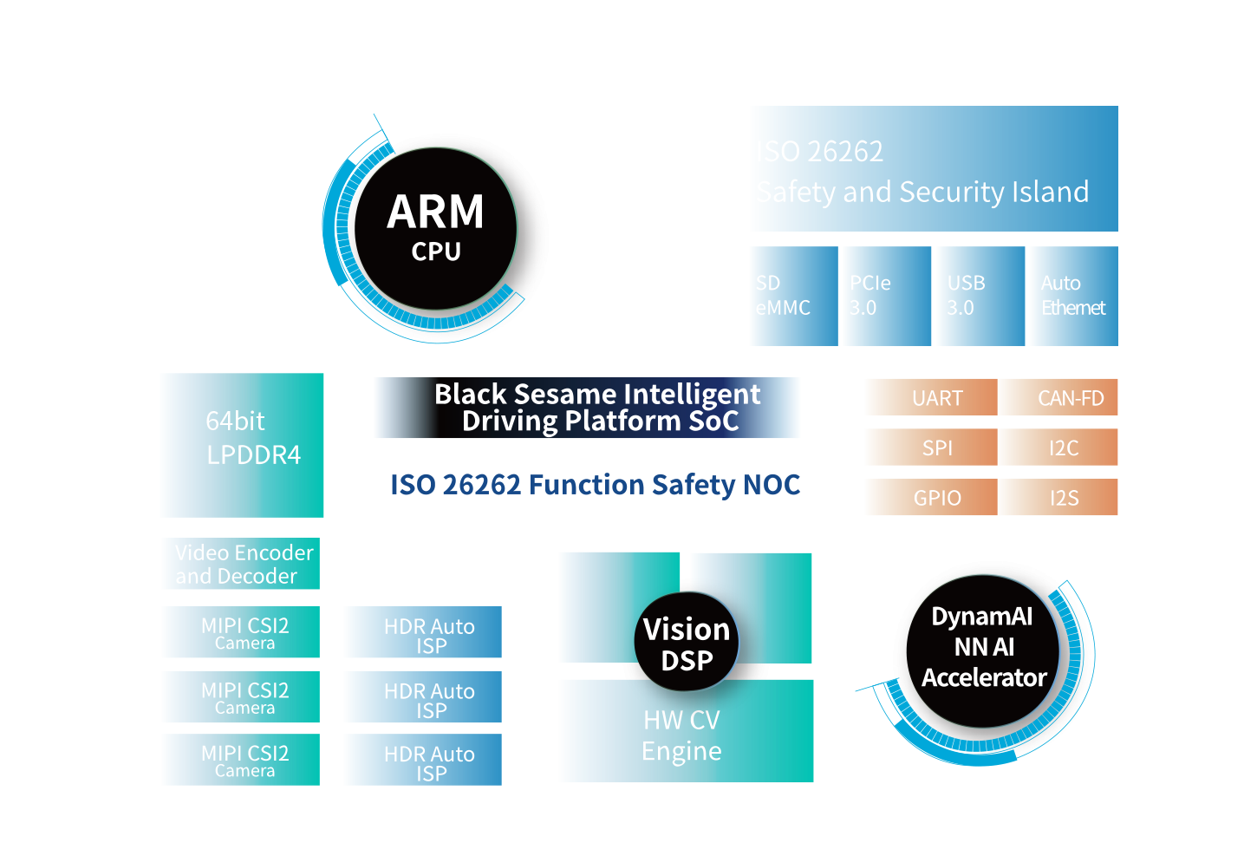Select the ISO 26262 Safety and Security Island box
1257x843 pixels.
click(x=935, y=169)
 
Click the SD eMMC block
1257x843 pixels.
click(x=794, y=296)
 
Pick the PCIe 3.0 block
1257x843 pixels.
click(x=887, y=296)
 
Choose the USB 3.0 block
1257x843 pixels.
click(x=979, y=296)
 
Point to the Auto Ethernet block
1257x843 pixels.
click(x=1072, y=296)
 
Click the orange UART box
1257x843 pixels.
click(x=933, y=398)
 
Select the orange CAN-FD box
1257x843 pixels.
click(x=1058, y=398)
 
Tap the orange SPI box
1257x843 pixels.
click(x=933, y=448)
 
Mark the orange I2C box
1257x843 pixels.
click(x=1058, y=448)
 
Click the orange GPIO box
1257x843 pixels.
click(x=933, y=498)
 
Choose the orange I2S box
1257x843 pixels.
click(x=1058, y=498)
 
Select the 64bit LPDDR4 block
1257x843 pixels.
click(x=244, y=445)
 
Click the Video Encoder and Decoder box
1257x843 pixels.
click(x=243, y=564)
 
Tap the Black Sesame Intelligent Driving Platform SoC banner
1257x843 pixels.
click(x=588, y=408)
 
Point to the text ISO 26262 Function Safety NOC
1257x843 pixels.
click(x=595, y=485)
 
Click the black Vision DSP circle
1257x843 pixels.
click(x=687, y=644)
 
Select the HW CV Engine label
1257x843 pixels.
click(x=681, y=735)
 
